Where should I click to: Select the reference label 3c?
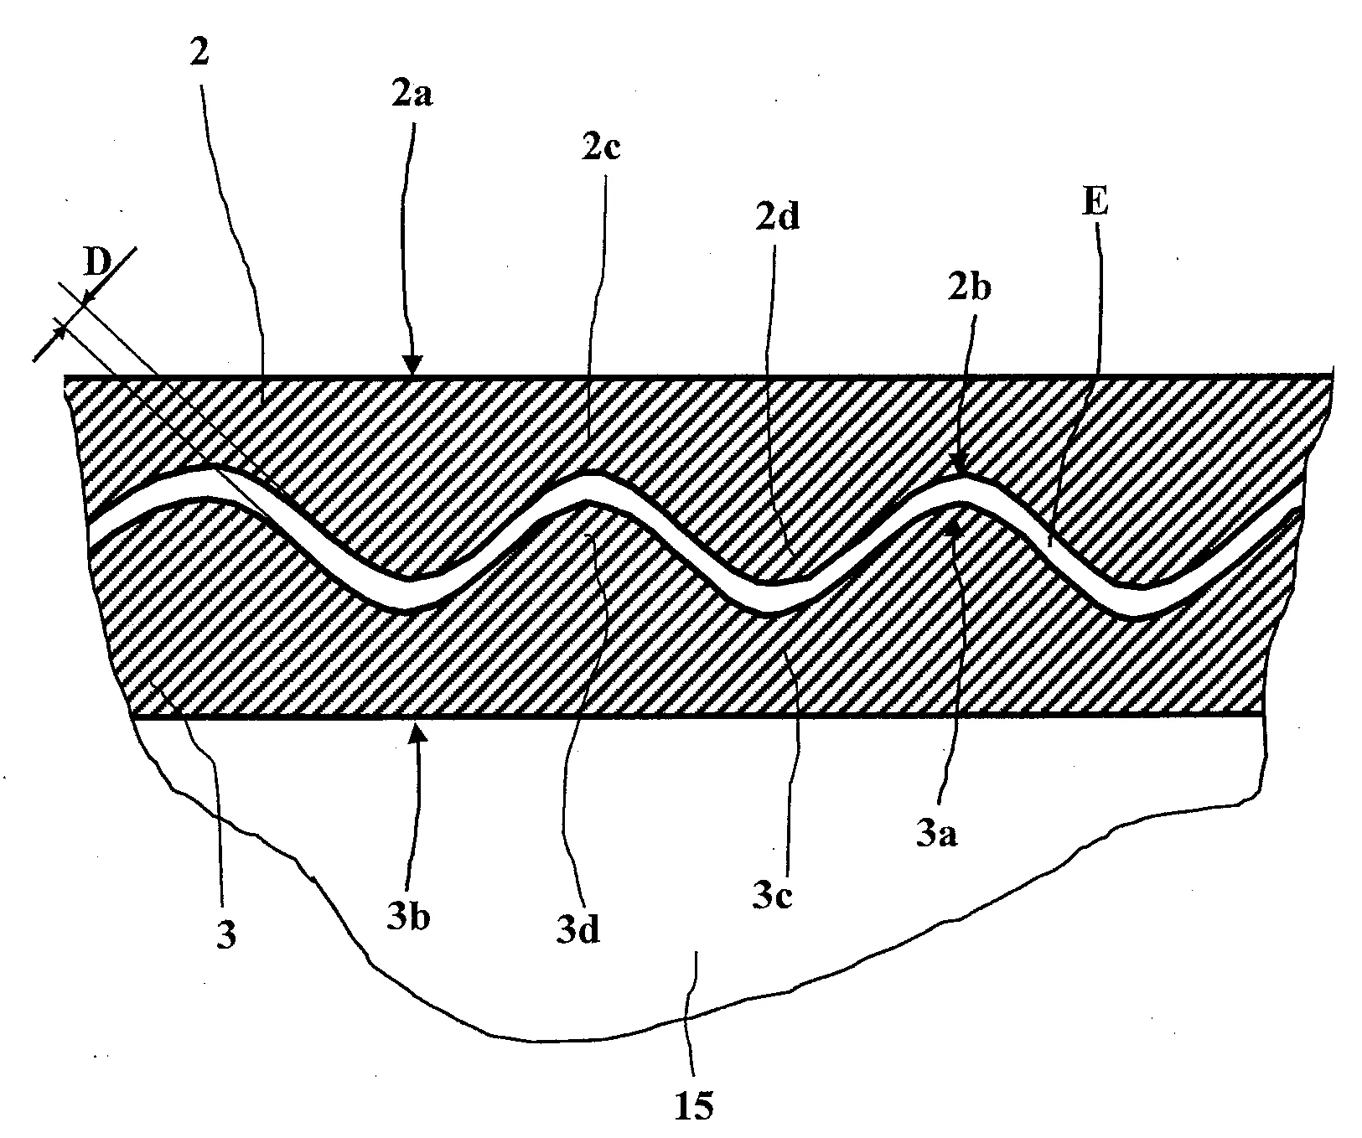(772, 897)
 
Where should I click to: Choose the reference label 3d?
(579, 929)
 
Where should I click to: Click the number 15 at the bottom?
(695, 1106)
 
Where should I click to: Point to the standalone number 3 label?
(225, 934)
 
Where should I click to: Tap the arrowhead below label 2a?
(411, 365)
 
